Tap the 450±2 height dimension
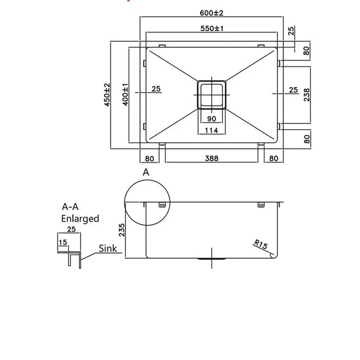tap(107, 94)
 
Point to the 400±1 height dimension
tap(125, 94)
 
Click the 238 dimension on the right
tap(307, 94)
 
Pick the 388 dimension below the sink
tap(212, 159)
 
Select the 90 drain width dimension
tap(212, 119)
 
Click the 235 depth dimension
tap(121, 230)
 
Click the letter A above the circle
tap(146, 172)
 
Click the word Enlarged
tap(80, 219)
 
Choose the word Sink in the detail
tap(108, 249)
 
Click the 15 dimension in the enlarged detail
tap(62, 242)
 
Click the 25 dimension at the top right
tap(291, 31)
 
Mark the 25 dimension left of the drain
tap(156, 90)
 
